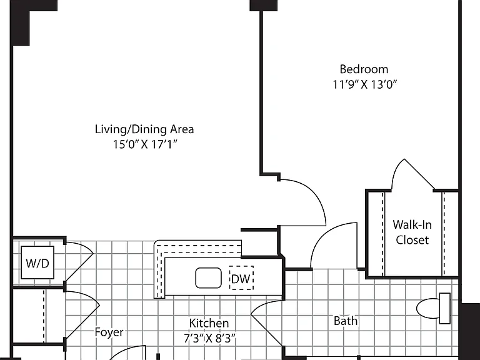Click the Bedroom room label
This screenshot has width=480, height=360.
click(364, 69)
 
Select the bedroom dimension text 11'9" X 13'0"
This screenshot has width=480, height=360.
click(364, 84)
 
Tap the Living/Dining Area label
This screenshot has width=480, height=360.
click(144, 129)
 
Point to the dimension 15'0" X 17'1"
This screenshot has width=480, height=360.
click(145, 144)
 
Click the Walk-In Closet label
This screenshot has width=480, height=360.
click(412, 232)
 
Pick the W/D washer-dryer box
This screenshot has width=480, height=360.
click(37, 262)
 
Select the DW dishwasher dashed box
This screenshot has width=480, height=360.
click(241, 278)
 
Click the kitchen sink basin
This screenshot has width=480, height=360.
click(209, 278)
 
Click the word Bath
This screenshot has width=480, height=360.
click(345, 321)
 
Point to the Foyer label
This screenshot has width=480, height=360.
click(109, 332)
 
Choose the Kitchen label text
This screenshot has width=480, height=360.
click(209, 323)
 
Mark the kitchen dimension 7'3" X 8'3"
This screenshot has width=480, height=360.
click(210, 338)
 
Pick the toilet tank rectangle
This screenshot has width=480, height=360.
click(445, 308)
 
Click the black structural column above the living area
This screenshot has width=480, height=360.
click(264, 6)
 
